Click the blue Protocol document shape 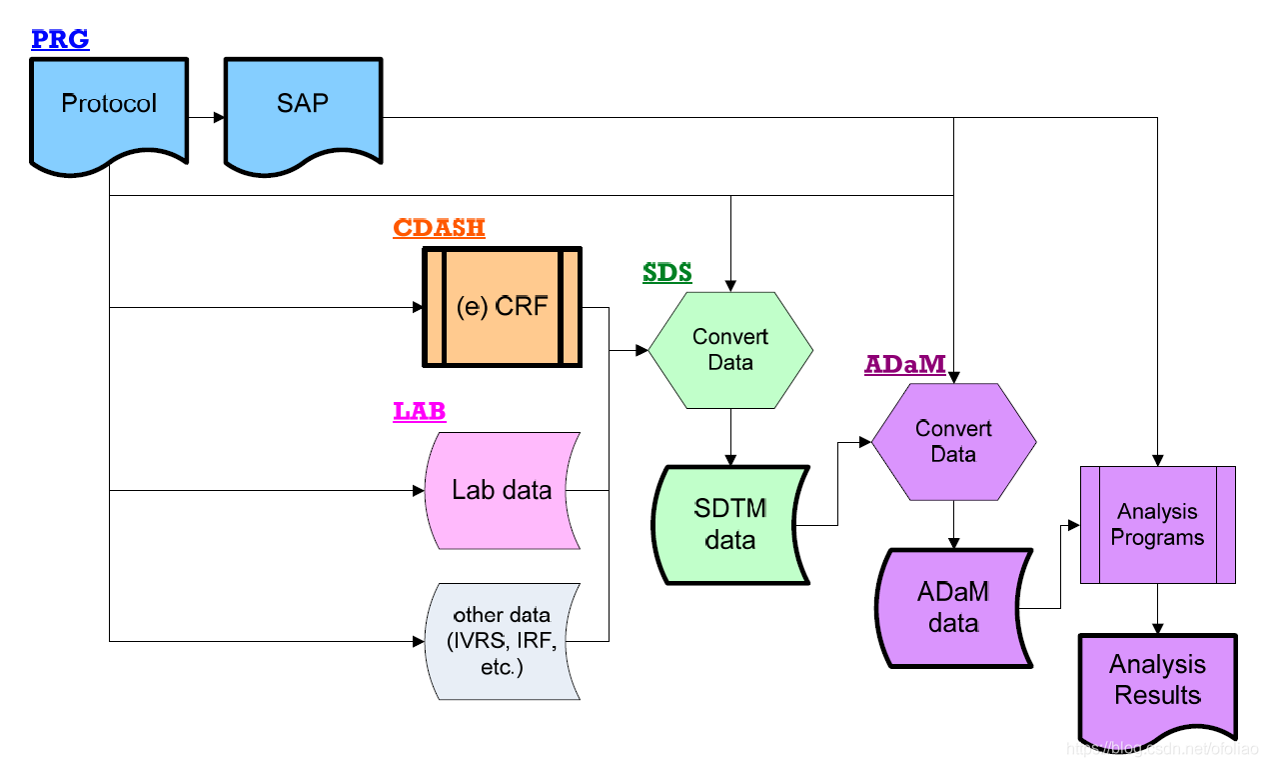(x=108, y=105)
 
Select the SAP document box (x=302, y=105)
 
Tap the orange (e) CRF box (x=502, y=307)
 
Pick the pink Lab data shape (x=502, y=490)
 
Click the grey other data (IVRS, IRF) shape (x=502, y=640)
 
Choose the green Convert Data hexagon (x=730, y=350)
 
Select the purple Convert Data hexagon (x=953, y=441)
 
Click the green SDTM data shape (x=729, y=524)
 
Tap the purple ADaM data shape (x=953, y=607)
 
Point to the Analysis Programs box (x=1157, y=524)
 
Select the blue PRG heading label (x=60, y=40)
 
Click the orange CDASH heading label (x=439, y=228)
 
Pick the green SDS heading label (x=666, y=272)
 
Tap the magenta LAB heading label (x=419, y=411)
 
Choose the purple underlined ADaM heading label (x=904, y=365)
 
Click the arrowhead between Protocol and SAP (x=219, y=118)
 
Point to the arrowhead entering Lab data (x=417, y=491)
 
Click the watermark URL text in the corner (x=1163, y=748)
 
